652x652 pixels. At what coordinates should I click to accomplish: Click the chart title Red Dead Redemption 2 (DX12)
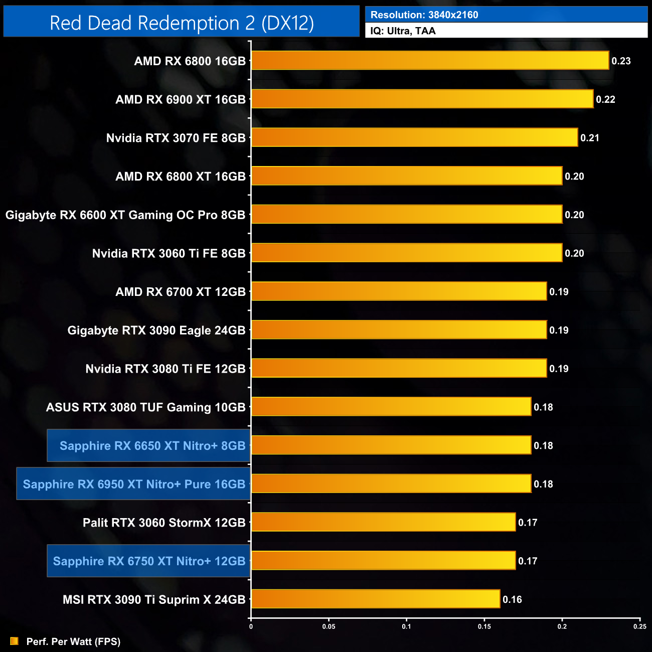[182, 23]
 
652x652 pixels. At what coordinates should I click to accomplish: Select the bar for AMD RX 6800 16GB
[430, 61]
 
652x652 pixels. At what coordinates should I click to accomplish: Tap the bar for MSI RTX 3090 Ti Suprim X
[375, 599]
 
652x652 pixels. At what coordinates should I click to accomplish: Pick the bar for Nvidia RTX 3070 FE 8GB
[414, 137]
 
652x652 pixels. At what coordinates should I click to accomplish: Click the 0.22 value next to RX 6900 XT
[605, 99]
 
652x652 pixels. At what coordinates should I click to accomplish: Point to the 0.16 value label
[512, 599]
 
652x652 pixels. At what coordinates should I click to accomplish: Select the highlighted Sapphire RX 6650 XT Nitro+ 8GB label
[152, 445]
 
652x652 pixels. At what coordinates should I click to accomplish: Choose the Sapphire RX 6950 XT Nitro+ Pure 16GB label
[134, 484]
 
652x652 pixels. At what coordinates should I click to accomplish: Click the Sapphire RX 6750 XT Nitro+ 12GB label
[149, 561]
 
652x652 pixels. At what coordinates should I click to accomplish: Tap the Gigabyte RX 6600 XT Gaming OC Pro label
[125, 215]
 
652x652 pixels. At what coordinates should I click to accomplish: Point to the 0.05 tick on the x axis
[329, 626]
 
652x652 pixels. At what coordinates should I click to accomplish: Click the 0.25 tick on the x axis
[639, 626]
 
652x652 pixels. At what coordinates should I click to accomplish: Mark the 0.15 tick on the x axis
[484, 626]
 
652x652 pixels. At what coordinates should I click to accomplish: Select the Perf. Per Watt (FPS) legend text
[73, 641]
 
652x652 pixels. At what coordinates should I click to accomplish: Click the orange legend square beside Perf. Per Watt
[14, 641]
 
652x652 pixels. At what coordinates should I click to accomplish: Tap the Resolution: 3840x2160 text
[424, 15]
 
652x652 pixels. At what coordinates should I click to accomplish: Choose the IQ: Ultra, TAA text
[403, 31]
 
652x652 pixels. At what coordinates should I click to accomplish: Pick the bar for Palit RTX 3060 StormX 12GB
[383, 522]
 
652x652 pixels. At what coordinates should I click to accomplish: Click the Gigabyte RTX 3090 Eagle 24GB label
[156, 330]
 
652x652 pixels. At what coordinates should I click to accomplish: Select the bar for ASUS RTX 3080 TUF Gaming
[391, 407]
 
